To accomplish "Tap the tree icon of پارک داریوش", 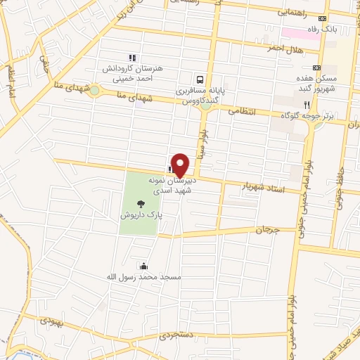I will pyautogui.click(x=141, y=204).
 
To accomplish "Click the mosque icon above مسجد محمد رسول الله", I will pyautogui.click(x=144, y=266).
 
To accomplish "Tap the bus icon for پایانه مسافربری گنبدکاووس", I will pyautogui.click(x=201, y=79).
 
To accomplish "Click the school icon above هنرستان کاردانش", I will pyautogui.click(x=131, y=58).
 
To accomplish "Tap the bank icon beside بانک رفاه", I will pyautogui.click(x=323, y=19).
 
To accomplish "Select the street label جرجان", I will pyautogui.click(x=267, y=230).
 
